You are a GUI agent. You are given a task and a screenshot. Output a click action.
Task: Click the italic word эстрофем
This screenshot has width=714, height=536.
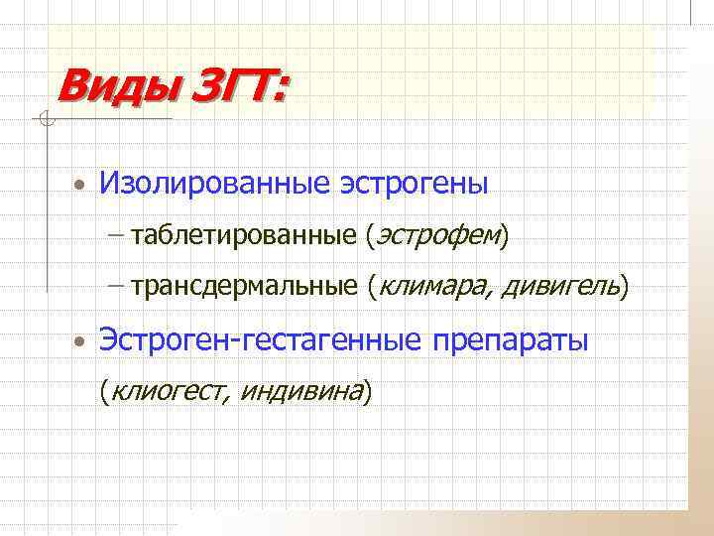tap(436, 235)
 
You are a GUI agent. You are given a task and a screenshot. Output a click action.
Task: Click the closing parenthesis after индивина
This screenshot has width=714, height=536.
tap(368, 392)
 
